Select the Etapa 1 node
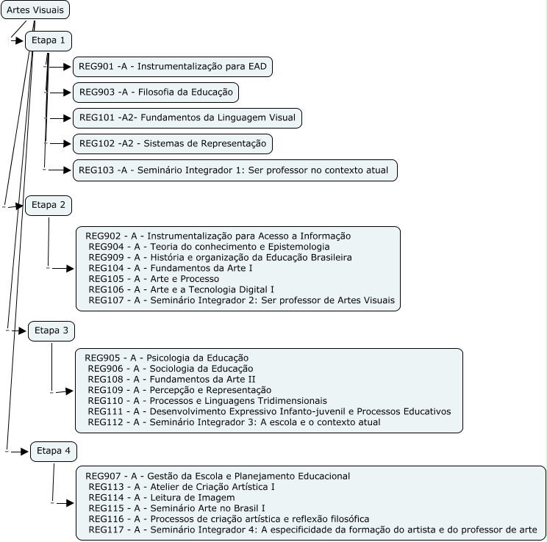49,41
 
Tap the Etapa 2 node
49,206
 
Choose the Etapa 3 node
51,331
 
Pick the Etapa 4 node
54,451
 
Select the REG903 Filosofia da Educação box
156,92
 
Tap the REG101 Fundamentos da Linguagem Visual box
187,118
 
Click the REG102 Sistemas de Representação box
173,143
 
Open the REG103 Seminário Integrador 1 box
235,170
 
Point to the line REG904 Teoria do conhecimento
209,247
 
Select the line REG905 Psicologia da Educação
166,358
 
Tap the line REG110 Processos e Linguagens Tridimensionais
207,400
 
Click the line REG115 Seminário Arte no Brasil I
176,507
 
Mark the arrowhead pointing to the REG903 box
67,93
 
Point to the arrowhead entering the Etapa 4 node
25,451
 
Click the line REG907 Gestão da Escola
218,476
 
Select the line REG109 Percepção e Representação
179,390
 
